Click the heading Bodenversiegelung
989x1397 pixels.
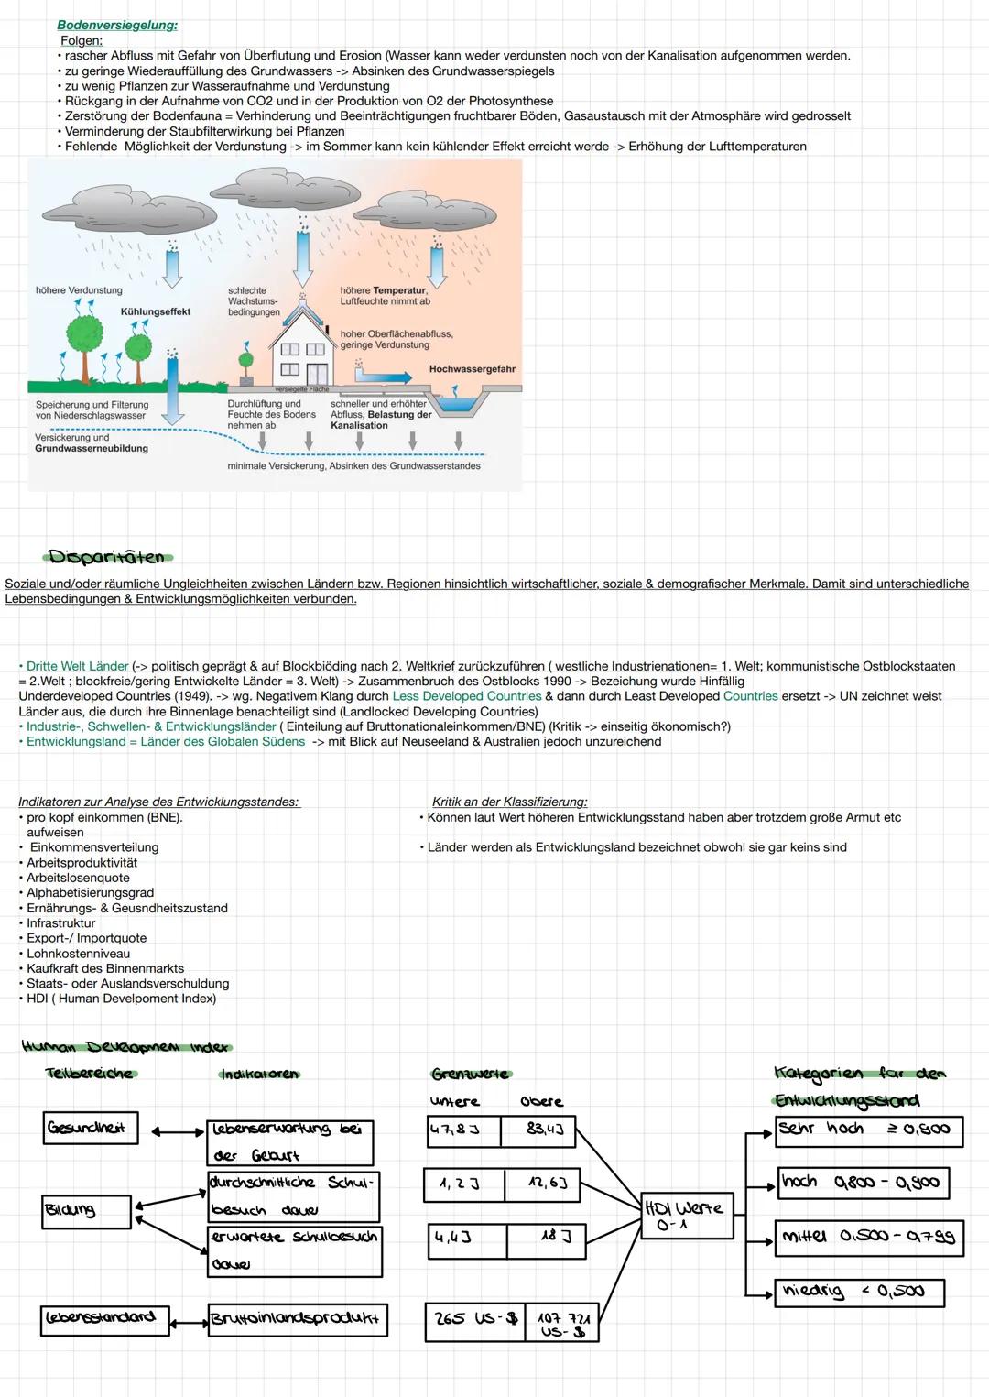click(117, 26)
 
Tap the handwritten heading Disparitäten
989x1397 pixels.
click(106, 557)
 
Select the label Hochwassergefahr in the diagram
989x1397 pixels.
click(472, 369)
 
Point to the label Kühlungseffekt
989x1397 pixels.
click(156, 311)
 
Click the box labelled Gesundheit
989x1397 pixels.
click(90, 1128)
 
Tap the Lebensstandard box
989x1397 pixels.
click(102, 1319)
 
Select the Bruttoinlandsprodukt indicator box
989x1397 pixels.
click(297, 1320)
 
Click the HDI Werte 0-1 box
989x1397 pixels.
click(687, 1215)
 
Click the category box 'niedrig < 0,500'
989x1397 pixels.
click(858, 1292)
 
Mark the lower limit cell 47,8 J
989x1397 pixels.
click(463, 1130)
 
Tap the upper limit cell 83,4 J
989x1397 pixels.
click(538, 1130)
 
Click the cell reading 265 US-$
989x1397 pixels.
click(475, 1319)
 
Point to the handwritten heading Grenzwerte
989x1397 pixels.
click(471, 1074)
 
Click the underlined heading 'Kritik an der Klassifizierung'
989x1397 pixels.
click(509, 802)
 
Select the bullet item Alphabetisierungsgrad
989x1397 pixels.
click(90, 892)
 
